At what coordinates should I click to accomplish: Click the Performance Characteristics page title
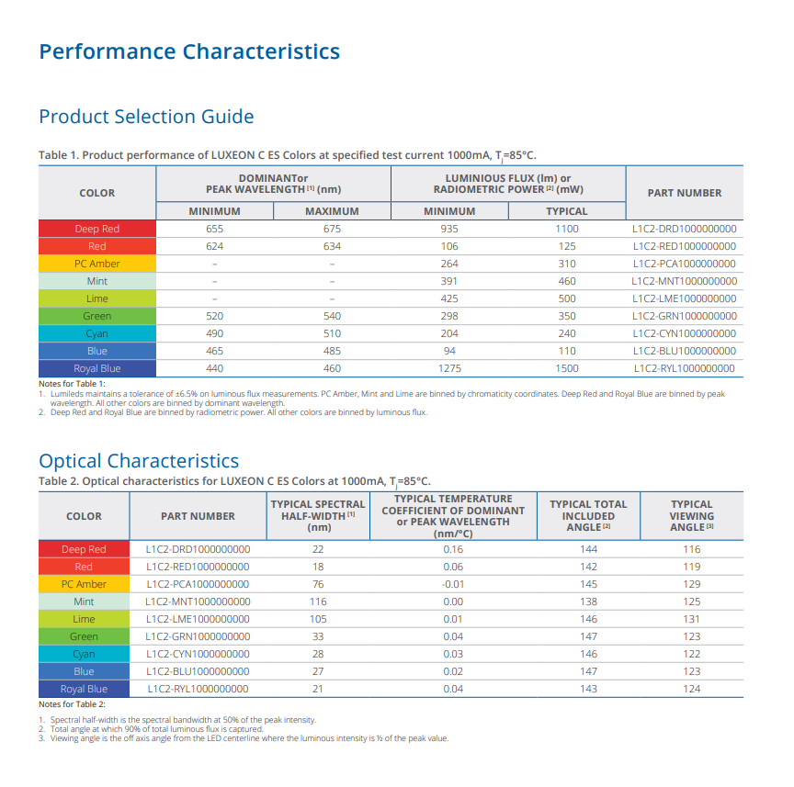tap(189, 51)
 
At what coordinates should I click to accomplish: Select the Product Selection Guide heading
tap(146, 117)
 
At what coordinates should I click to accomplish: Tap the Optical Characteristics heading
tap(139, 460)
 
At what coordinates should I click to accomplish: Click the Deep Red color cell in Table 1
tap(97, 229)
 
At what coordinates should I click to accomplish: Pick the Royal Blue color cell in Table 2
tap(85, 689)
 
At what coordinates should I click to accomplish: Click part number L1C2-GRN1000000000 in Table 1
tap(685, 316)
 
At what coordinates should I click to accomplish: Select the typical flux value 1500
tap(567, 368)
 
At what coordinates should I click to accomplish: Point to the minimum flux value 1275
tap(449, 368)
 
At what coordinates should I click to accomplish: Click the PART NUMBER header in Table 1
tap(685, 193)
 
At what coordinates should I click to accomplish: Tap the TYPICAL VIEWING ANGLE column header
tap(691, 515)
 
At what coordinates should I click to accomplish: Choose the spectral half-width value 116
tap(318, 601)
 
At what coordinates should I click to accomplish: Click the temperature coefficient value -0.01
tap(453, 584)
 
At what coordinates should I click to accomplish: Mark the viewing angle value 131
tap(691, 619)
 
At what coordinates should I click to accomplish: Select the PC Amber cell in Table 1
tap(97, 264)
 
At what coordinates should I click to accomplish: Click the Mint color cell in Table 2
tap(85, 601)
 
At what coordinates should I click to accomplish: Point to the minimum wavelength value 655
tap(214, 229)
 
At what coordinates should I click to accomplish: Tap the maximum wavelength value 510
tap(332, 333)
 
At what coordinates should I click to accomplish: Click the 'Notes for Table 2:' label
tap(73, 704)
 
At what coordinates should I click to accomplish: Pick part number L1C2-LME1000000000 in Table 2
tap(198, 619)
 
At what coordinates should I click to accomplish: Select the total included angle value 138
tap(588, 601)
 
